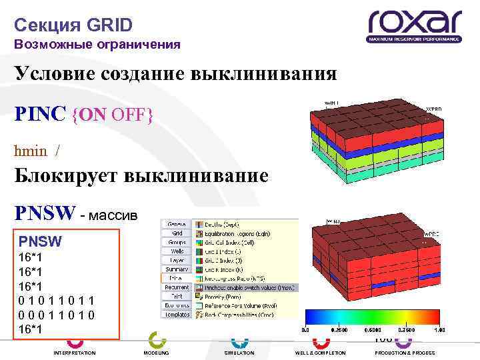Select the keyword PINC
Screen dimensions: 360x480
pos(41,115)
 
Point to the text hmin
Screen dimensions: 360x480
pos(31,151)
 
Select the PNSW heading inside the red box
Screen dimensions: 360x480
pos(40,240)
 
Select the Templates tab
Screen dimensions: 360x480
pos(176,315)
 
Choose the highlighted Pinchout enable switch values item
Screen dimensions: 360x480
pos(246,287)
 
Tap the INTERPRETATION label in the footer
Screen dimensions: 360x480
pos(74,353)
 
